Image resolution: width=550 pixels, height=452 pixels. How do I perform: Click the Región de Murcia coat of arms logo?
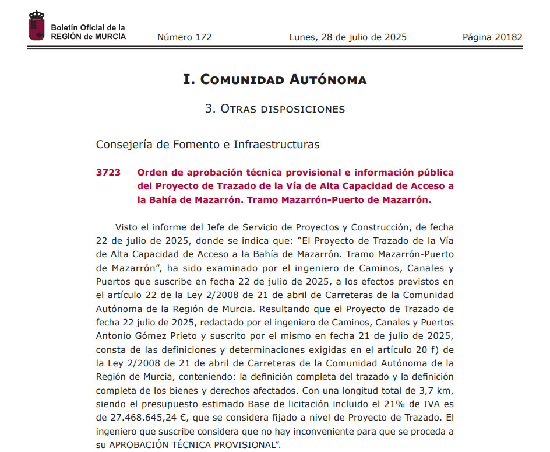[37, 26]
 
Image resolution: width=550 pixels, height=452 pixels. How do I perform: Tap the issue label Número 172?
[184, 37]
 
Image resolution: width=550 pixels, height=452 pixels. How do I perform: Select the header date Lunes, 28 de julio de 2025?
[348, 37]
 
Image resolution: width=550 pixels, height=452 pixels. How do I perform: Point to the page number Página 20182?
[492, 37]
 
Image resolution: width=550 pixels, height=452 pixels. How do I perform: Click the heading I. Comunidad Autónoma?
[275, 80]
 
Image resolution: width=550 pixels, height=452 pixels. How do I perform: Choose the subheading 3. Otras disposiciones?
[275, 109]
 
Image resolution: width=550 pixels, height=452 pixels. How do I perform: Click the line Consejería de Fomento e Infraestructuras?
[207, 144]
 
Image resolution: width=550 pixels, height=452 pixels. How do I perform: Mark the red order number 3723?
[108, 173]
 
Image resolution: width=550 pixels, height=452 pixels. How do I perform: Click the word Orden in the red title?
[151, 173]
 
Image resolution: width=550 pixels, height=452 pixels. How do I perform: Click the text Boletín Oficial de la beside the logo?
[88, 28]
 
